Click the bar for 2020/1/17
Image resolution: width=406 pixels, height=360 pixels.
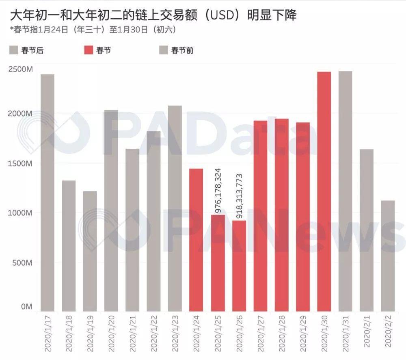coord(48,193)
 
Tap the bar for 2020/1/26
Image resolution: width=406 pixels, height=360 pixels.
coord(239,266)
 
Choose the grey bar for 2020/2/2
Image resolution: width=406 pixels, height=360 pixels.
coord(388,256)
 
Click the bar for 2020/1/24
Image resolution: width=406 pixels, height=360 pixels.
coord(197,240)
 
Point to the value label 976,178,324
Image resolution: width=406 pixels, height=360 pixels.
coord(218,190)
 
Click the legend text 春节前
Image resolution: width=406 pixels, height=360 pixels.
coord(182,50)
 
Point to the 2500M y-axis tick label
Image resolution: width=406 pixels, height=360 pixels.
coord(20,69)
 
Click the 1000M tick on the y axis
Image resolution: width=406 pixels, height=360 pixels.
coord(20,213)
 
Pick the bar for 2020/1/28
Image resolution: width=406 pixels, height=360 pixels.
coord(281,215)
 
